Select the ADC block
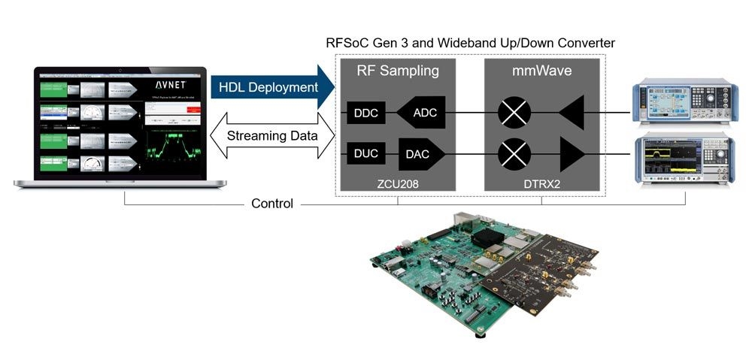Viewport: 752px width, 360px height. [x=421, y=113]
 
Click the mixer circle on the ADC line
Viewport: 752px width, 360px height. [x=515, y=113]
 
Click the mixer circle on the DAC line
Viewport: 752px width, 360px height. [x=515, y=155]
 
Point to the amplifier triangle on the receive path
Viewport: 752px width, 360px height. [x=572, y=113]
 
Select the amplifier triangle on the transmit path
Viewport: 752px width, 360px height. [x=572, y=155]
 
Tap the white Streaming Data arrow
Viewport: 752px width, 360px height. [x=272, y=135]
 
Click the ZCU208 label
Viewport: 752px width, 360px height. [x=398, y=181]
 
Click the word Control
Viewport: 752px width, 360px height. [x=271, y=204]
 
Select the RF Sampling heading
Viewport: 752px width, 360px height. [x=397, y=71]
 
